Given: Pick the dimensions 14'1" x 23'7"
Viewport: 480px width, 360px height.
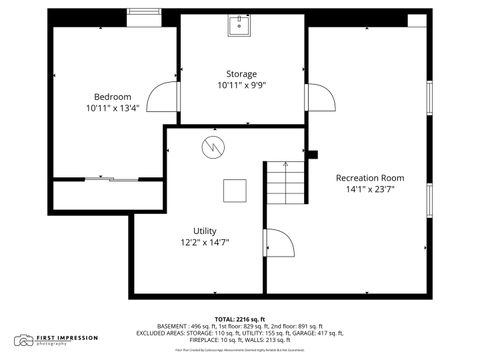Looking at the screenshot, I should pos(371,189).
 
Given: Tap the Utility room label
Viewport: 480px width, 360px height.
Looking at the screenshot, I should pos(204,230).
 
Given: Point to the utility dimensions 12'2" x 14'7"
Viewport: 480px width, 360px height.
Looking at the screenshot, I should pos(204,243).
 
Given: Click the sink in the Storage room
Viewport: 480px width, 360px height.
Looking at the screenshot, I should pos(240,25).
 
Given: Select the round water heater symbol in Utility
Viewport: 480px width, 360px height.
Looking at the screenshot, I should pos(213,148).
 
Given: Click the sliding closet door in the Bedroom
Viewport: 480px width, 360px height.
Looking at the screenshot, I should pos(108,179).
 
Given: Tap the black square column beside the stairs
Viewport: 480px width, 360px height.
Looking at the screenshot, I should pos(312,154).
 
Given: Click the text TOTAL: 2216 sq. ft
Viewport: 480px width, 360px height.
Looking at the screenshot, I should pos(239,319).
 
